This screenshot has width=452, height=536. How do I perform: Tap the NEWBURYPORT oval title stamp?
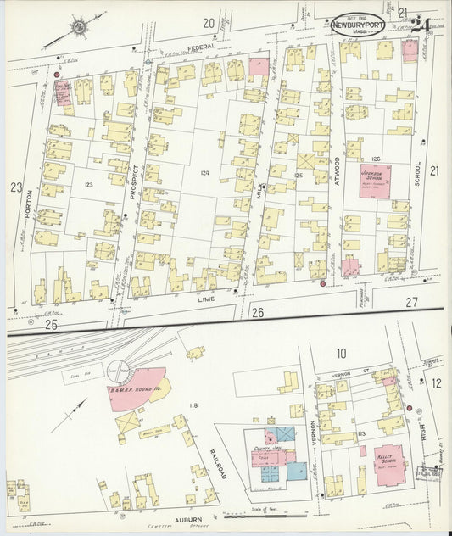(x=355, y=26)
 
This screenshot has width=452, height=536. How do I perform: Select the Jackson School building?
(x=374, y=181)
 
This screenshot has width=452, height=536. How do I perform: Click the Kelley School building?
(x=389, y=463)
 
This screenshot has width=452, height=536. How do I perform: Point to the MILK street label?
(x=260, y=199)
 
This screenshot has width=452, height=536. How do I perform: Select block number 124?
(x=203, y=173)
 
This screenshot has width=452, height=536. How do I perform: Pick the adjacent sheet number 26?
(x=257, y=313)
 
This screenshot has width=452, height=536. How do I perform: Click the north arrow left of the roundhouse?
(x=73, y=417)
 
